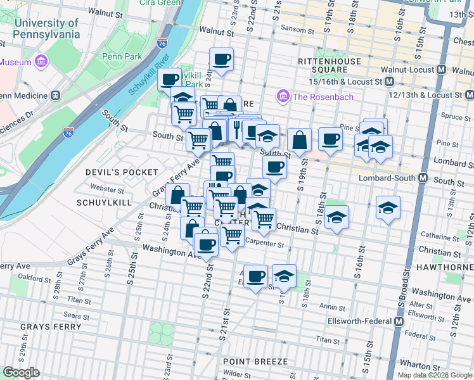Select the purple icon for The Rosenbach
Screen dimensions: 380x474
point(282,96)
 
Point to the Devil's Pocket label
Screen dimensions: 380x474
point(122,172)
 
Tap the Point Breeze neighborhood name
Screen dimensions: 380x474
point(255,362)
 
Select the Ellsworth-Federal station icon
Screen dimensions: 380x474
point(399,321)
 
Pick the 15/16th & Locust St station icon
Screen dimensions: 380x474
point(389,82)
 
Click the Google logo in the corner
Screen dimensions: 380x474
point(21,372)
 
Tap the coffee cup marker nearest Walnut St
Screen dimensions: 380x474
point(221,60)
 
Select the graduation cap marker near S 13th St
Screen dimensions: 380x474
point(388,208)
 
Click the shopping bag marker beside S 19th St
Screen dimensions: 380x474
point(299,139)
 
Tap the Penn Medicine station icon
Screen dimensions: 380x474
point(55,96)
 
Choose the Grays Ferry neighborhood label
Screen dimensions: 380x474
point(51,327)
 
